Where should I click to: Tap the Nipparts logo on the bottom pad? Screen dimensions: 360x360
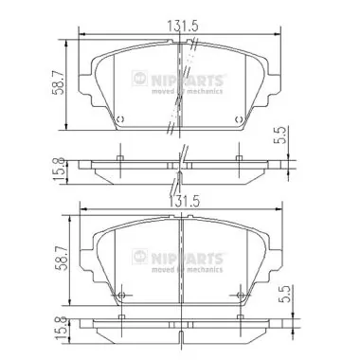click(189, 254)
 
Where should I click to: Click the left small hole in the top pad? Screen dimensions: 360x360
click(120, 119)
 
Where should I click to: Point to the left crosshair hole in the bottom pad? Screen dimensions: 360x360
click(120, 295)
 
